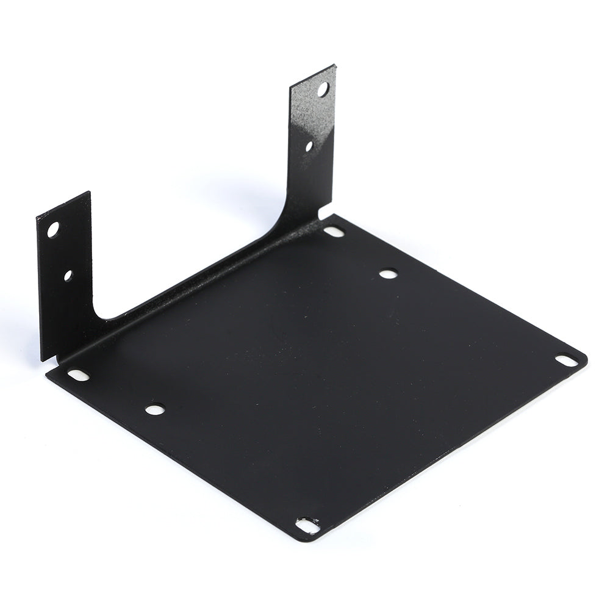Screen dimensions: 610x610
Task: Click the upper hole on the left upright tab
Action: [53, 230]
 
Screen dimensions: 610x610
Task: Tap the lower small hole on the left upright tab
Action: [68, 276]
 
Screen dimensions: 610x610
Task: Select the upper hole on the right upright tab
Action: [323, 90]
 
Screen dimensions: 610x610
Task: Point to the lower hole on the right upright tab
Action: [309, 146]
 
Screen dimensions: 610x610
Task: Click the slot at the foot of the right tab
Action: [334, 232]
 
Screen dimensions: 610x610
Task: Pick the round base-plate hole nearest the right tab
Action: [388, 274]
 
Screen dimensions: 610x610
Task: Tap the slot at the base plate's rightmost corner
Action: [568, 361]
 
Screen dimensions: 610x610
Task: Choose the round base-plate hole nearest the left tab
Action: [155, 409]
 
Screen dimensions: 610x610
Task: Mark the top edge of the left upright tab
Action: [63, 204]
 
